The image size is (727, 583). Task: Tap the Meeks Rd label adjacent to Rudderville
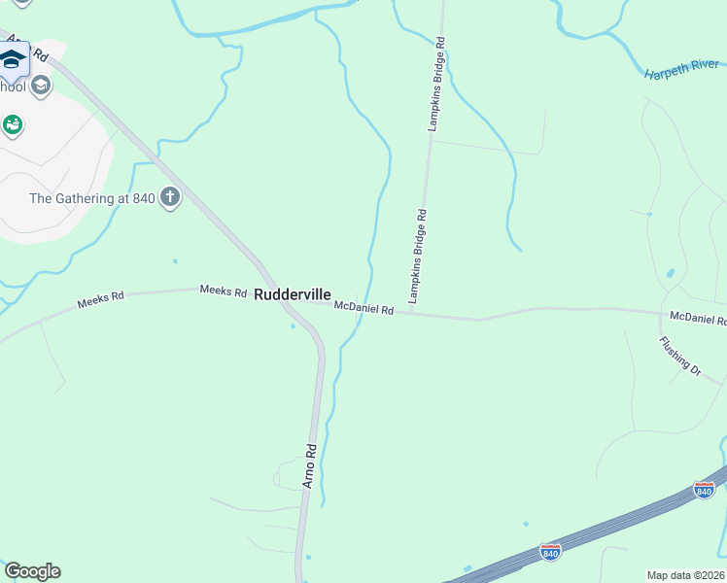[x=223, y=291]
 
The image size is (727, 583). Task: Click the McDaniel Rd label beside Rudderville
[x=363, y=309]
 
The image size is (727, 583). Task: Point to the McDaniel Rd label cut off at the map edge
[x=698, y=318]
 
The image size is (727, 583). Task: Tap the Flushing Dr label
[x=680, y=356]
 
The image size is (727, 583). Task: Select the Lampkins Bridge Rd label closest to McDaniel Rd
[x=418, y=256]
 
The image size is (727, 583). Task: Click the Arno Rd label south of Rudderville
[x=310, y=465]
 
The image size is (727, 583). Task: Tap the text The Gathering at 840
[x=92, y=198]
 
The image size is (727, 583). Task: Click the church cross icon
[x=170, y=198]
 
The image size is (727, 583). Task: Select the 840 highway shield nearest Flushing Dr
[x=704, y=490]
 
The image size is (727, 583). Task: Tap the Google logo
[x=32, y=571]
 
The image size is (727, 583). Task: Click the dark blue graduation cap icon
[x=13, y=60]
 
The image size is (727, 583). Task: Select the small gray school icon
[x=40, y=86]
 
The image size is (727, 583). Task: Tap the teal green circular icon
[x=13, y=124]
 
